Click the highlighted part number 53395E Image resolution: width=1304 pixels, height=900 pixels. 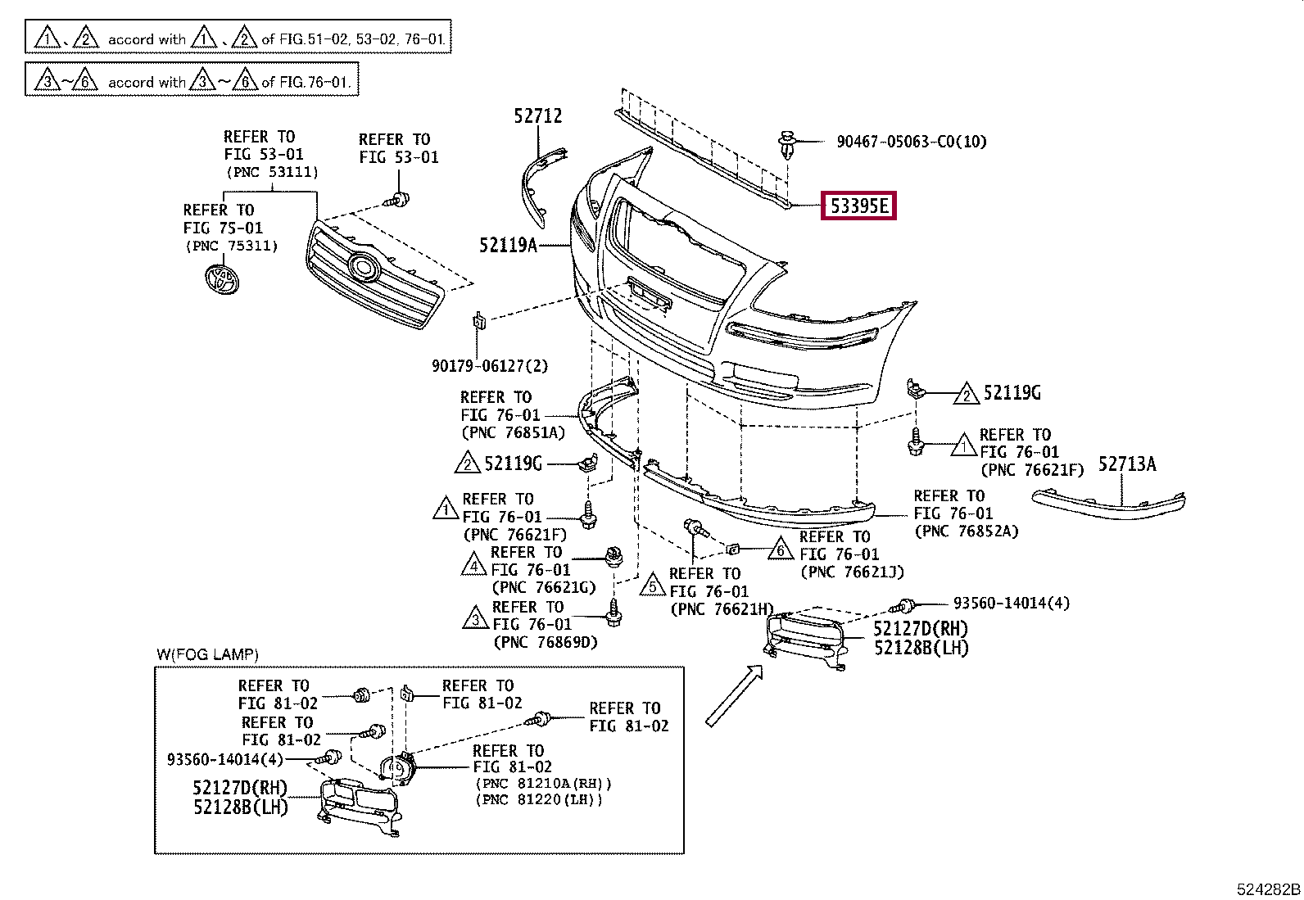(858, 206)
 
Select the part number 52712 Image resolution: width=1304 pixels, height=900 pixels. (538, 116)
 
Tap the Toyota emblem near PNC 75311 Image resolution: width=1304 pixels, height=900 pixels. (222, 278)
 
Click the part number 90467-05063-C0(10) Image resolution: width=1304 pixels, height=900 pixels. (911, 142)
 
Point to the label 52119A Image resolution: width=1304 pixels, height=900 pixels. (508, 244)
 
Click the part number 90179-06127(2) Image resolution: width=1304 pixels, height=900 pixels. (490, 366)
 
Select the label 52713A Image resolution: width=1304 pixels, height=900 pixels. (1126, 464)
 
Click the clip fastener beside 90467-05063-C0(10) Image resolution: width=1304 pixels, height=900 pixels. (788, 145)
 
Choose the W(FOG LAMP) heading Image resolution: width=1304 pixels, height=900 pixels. (207, 654)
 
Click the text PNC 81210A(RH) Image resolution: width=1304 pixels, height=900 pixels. (543, 783)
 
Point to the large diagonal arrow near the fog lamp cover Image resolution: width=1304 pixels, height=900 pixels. (733, 696)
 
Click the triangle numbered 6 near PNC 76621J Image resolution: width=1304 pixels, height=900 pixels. (781, 549)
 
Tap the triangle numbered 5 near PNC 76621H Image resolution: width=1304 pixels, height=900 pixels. (653, 585)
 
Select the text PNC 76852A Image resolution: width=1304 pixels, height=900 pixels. (967, 531)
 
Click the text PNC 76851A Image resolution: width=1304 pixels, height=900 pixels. (513, 432)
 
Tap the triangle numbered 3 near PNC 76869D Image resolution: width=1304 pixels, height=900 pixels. (476, 618)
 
